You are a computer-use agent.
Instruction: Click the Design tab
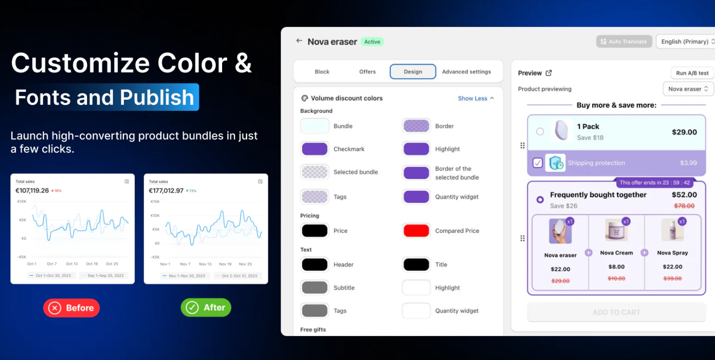413,72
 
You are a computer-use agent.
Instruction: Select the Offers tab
367,72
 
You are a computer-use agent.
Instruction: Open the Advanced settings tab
466,72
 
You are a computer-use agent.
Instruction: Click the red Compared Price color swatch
416,231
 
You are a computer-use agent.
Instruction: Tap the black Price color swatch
315,231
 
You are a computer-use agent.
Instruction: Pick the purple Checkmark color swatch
315,149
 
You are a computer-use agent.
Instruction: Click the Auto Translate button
624,42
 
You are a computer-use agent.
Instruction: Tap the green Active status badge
372,42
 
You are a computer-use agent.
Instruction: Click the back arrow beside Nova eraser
299,41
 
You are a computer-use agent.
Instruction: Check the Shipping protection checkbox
538,163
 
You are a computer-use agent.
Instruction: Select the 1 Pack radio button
540,132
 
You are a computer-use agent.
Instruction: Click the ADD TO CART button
616,312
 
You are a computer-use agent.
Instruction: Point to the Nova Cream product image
616,230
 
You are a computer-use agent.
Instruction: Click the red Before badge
72,308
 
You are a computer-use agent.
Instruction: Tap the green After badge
206,307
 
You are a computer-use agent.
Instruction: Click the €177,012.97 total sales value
166,191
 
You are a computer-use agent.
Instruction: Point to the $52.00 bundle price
684,195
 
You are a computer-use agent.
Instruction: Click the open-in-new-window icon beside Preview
549,73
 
